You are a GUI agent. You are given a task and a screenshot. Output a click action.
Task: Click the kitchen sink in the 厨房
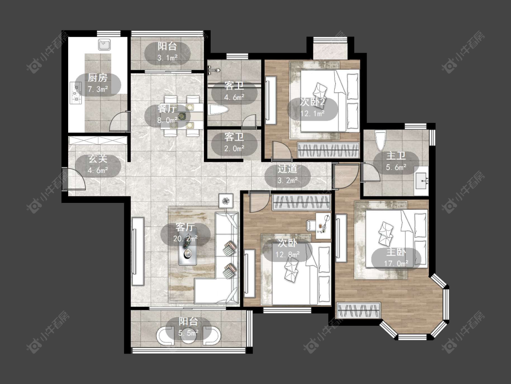104,45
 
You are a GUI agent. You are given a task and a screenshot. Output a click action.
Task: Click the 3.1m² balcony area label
167,52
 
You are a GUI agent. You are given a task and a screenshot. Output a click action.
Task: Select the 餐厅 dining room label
167,114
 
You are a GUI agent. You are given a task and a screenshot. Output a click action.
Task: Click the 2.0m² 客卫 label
234,142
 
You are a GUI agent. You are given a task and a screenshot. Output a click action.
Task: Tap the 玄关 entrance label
98,165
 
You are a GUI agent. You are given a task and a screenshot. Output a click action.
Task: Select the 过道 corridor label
288,175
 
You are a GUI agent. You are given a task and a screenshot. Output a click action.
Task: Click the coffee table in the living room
188,253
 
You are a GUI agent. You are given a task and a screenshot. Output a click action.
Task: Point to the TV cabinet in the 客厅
138,252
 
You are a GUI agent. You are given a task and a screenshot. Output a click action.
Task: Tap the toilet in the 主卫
380,141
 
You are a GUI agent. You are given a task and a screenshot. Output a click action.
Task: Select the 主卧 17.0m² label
396,258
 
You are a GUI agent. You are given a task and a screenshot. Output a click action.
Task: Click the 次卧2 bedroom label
312,108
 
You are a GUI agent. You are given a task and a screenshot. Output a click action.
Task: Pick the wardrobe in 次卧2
328,151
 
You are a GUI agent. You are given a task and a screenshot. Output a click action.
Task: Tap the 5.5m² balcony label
189,327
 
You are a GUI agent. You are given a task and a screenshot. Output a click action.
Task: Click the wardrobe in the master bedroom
358,310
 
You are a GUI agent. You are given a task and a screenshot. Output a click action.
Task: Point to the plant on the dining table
182,116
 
